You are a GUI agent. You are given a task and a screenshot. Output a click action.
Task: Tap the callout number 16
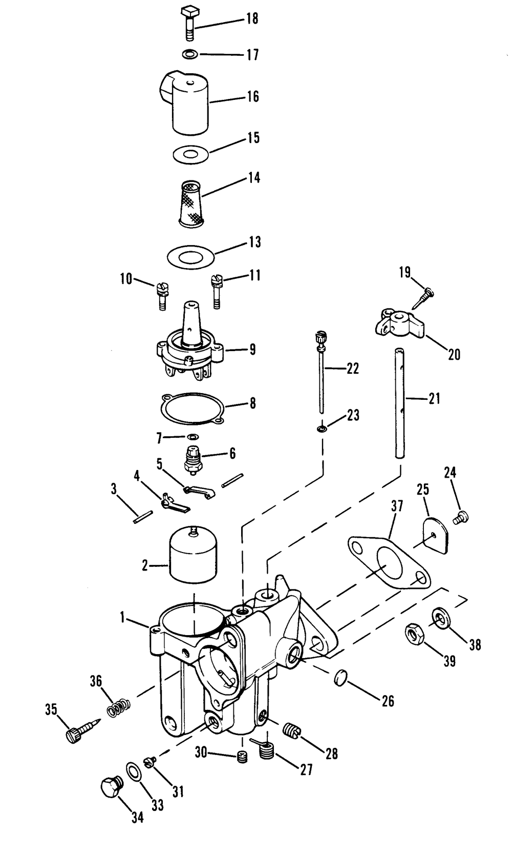(x=253, y=96)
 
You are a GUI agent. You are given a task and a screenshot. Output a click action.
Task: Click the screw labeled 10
(x=160, y=295)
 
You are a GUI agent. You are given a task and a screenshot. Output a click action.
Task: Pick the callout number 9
(x=252, y=350)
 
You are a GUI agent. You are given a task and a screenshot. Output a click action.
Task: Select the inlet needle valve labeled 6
(x=193, y=458)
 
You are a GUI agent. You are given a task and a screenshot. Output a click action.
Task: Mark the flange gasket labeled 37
(x=389, y=562)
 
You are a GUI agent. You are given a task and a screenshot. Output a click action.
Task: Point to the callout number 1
(x=122, y=618)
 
